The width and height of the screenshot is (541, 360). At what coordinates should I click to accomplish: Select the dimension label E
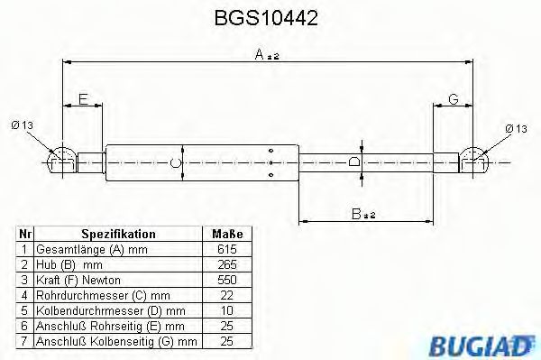coord(83,100)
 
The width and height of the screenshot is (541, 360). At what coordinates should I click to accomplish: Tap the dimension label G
coord(454,99)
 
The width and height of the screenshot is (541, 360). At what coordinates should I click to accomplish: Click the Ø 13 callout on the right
coord(516,129)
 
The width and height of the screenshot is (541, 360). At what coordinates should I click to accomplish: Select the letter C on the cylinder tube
coord(177,162)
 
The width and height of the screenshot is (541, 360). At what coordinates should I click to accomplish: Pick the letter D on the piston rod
coord(353,162)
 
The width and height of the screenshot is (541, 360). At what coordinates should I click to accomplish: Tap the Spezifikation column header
coord(118,234)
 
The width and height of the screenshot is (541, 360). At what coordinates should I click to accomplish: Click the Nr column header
coord(25,234)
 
